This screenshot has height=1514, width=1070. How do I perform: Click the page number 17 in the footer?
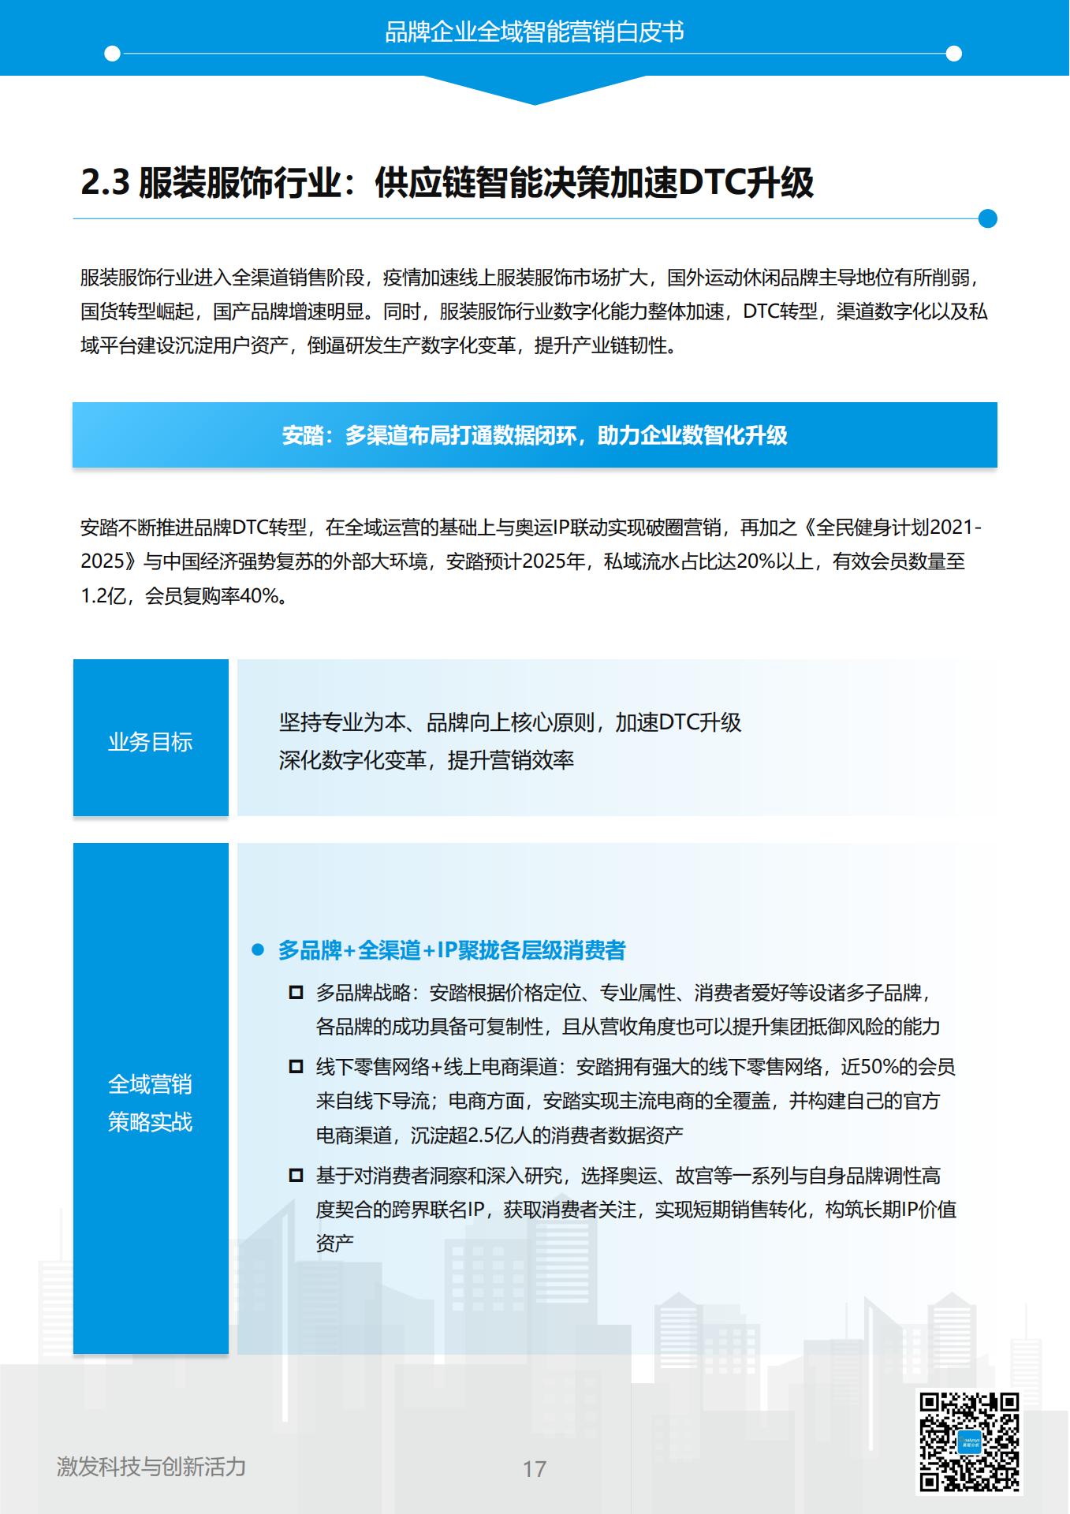click(x=534, y=1469)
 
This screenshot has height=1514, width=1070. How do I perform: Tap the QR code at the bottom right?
click(x=969, y=1442)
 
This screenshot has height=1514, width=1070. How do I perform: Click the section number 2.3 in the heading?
click(x=105, y=183)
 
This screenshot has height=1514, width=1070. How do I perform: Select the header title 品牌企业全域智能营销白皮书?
click(x=535, y=32)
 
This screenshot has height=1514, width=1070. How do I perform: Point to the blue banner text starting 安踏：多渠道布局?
click(x=535, y=435)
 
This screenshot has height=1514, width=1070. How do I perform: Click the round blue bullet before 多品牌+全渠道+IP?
click(x=258, y=950)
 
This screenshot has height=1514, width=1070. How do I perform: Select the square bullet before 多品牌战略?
click(x=296, y=993)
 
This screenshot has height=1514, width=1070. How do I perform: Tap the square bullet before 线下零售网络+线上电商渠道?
click(x=296, y=1067)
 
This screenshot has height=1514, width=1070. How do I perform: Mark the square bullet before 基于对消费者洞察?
click(x=296, y=1176)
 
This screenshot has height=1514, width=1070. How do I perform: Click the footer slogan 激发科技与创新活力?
click(x=151, y=1467)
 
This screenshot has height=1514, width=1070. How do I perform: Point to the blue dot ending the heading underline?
click(x=987, y=218)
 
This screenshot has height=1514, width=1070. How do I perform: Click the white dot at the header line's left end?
click(x=113, y=54)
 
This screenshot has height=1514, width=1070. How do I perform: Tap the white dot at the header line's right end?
click(x=953, y=54)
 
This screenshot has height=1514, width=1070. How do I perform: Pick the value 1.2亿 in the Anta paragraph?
click(x=103, y=596)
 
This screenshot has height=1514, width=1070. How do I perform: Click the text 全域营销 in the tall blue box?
click(x=150, y=1085)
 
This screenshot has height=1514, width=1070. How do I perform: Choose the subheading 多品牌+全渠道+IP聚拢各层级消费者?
click(x=451, y=950)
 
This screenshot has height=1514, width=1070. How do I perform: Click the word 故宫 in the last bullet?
click(x=694, y=1176)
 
